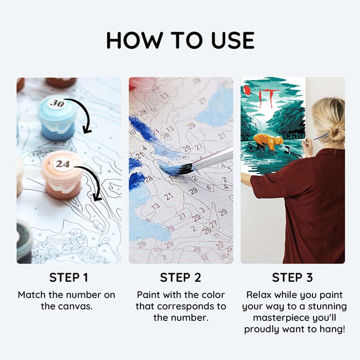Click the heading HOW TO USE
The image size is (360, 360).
[x=180, y=40]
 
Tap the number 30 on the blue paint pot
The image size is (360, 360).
[x=57, y=103]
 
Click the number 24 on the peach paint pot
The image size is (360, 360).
[x=62, y=164]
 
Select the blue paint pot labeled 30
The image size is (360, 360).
[x=57, y=119]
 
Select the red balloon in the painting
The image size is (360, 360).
[x=247, y=90]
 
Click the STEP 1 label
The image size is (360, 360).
[x=68, y=278]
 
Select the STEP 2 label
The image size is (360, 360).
[x=180, y=278]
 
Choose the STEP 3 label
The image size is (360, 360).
[x=292, y=278]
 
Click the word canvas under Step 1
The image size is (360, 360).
[x=75, y=306]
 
